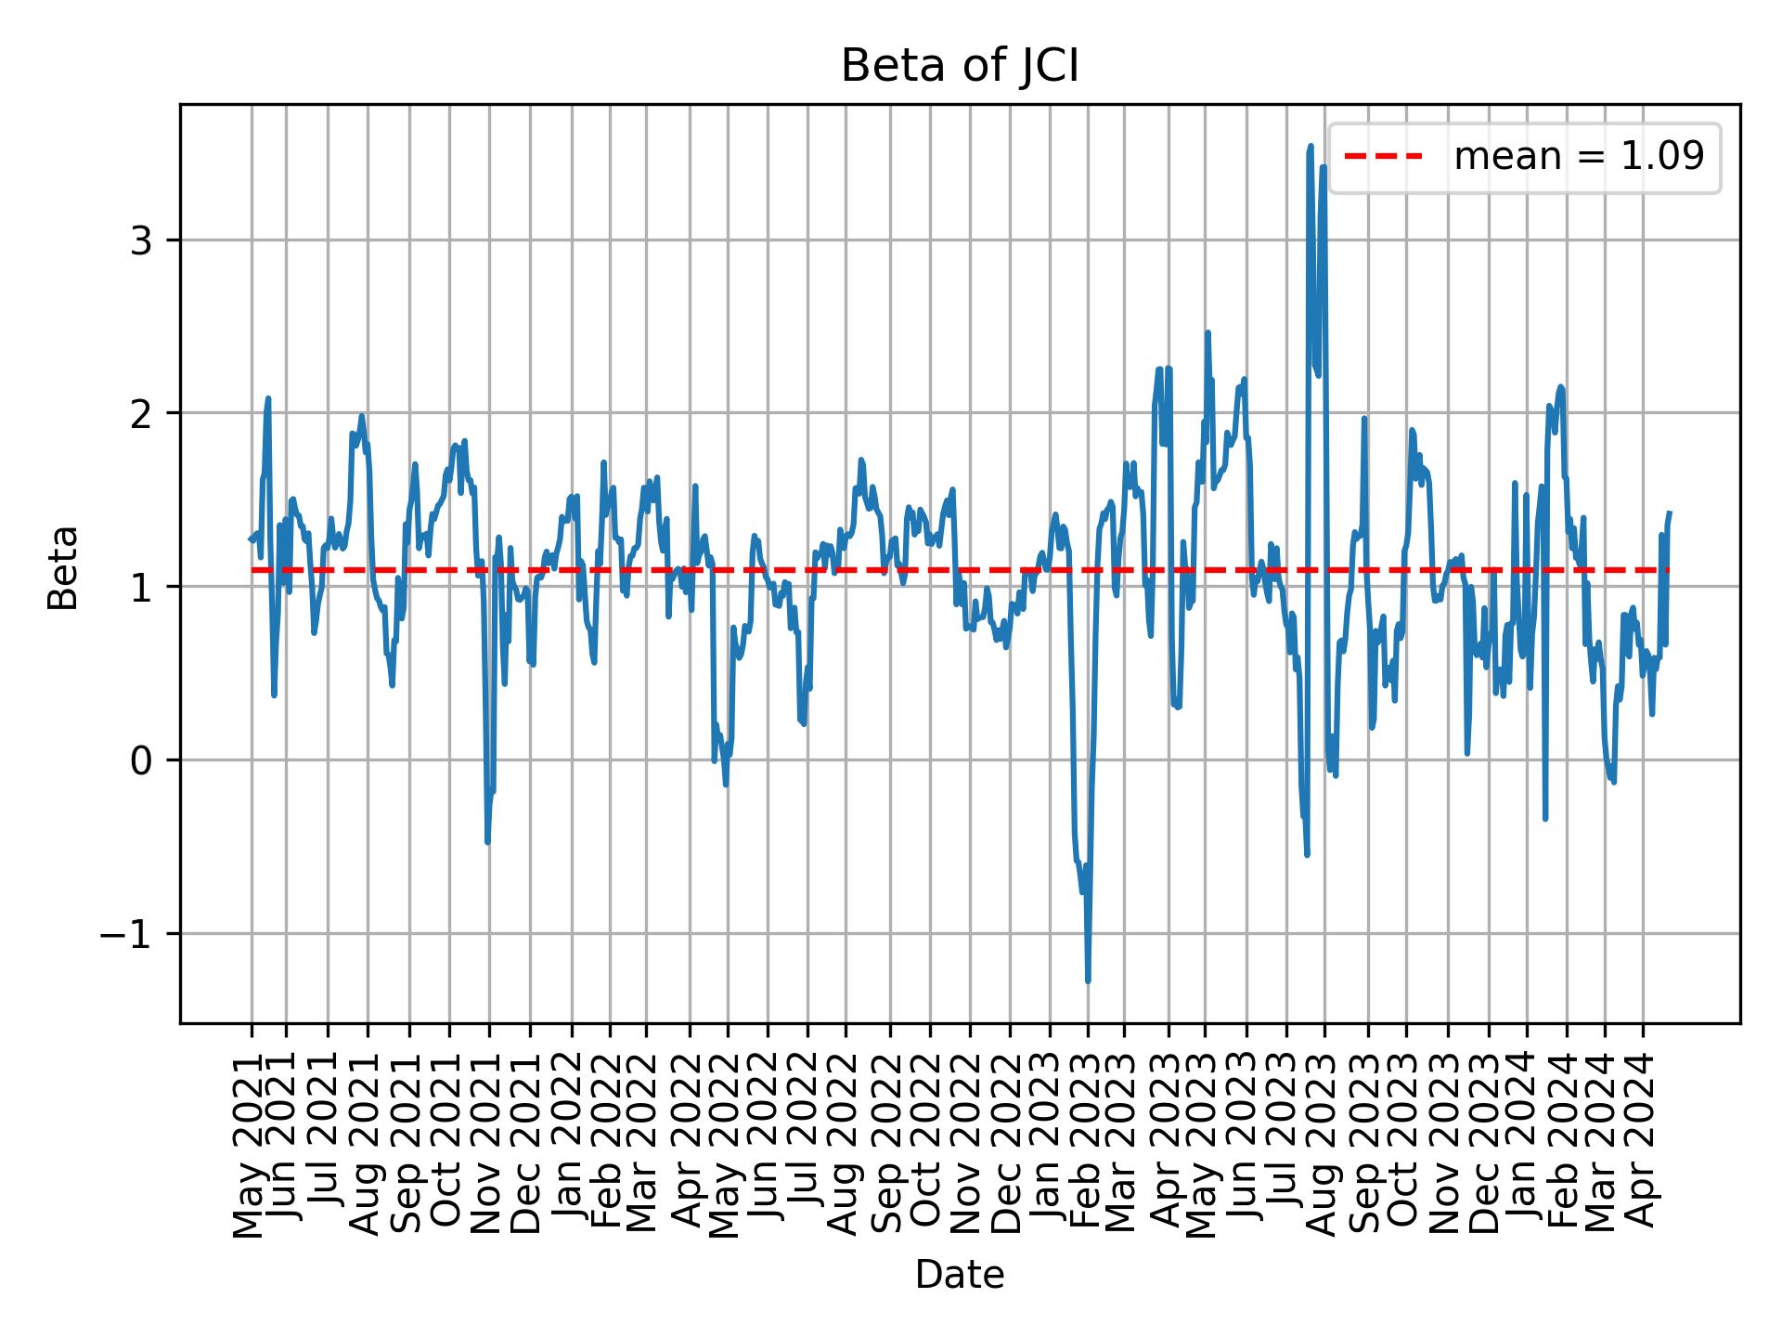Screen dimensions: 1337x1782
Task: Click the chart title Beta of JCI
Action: coord(960,67)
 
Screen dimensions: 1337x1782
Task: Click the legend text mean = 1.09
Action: coord(1579,157)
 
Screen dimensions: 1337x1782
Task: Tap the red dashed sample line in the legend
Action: coord(1383,157)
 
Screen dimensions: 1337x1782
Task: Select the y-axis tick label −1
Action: coord(126,933)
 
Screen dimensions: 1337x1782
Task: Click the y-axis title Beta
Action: coord(63,567)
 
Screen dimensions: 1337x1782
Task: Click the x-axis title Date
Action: coord(960,1275)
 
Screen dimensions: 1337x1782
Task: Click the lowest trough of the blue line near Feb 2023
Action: coord(1088,980)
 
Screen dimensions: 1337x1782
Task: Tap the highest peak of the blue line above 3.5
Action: coord(1311,147)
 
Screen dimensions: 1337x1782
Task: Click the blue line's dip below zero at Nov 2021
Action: coord(487,841)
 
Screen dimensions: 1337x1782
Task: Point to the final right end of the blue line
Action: coord(1670,513)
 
